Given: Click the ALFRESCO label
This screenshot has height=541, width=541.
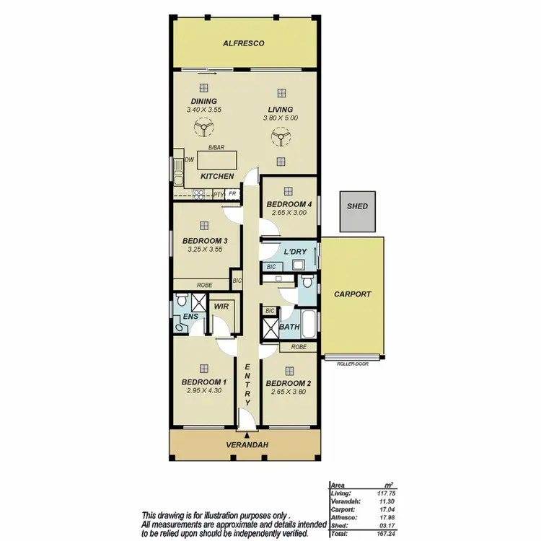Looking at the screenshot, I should point(244,44).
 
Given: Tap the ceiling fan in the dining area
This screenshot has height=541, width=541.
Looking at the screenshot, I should point(204,129).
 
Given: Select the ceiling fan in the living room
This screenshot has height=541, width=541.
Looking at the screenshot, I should point(281,138).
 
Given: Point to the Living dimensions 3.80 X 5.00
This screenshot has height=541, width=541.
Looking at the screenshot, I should point(281,118).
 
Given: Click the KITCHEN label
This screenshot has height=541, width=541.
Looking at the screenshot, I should point(217,177).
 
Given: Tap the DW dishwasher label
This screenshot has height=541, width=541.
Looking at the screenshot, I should point(189,160).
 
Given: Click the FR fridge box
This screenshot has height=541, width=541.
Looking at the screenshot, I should point(232,194).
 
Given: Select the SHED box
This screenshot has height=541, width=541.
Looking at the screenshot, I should point(357,206).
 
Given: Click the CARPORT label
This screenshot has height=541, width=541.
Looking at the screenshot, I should point(353,294).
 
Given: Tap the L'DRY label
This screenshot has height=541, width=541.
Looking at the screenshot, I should point(295,252).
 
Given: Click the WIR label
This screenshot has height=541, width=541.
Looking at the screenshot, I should point(221,307).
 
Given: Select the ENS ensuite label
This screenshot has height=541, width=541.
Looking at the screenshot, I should point(190,316).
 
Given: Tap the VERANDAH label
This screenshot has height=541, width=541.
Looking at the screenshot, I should point(247,445).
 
